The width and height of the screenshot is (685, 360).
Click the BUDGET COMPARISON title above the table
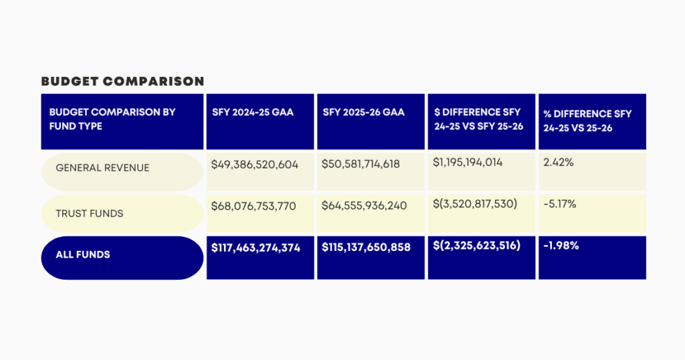[x=122, y=82]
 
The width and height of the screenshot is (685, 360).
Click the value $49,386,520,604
[x=254, y=164]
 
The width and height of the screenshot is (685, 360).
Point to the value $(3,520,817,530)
[x=475, y=203]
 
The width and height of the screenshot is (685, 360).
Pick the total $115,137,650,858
[x=366, y=247]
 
